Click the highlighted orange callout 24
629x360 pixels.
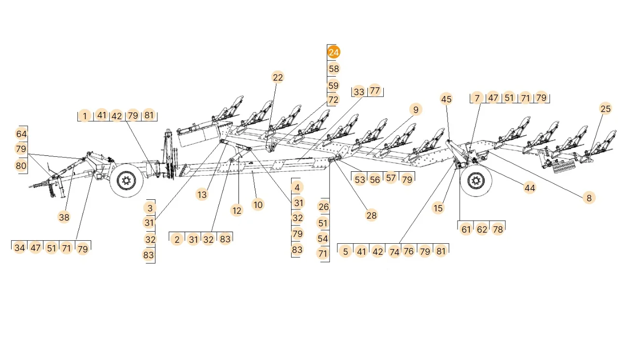(x=334, y=52)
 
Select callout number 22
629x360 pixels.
(x=278, y=77)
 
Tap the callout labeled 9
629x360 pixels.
(x=416, y=110)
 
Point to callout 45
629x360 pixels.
(x=447, y=99)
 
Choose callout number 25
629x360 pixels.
(x=605, y=109)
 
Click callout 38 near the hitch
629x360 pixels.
(x=64, y=217)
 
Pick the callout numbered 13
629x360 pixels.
(x=202, y=194)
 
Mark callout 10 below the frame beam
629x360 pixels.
(x=258, y=205)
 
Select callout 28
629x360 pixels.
(x=371, y=215)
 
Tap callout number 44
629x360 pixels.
(x=530, y=188)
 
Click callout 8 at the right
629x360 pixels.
(x=588, y=197)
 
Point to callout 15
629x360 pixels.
(x=438, y=208)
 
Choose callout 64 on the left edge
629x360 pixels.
(x=21, y=134)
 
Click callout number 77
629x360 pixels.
(x=375, y=91)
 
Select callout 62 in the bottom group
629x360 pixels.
(x=482, y=229)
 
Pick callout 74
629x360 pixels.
(x=394, y=251)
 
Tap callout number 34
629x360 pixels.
(x=19, y=248)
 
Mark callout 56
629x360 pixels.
(x=375, y=179)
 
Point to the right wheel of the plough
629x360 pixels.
(x=476, y=182)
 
